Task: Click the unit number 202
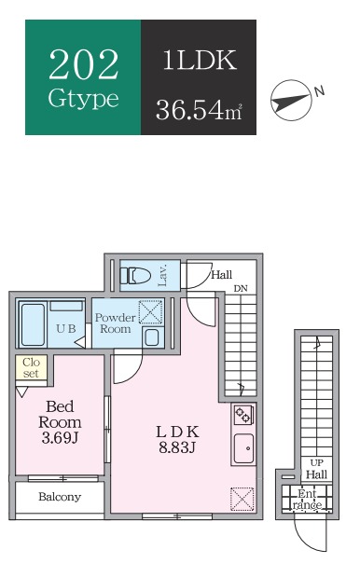83,64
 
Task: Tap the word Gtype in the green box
83,99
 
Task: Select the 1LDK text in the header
200,60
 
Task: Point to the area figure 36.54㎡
199,109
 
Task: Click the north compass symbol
291,100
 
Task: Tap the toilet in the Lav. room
135,276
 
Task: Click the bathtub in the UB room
33,324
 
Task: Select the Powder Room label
115,323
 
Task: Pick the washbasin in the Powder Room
152,337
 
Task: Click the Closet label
31,367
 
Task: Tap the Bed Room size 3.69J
60,438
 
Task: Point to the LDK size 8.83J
177,447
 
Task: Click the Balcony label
60,497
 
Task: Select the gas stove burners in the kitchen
242,414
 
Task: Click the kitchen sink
244,448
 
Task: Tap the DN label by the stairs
241,289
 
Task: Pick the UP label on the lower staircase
316,463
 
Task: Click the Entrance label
308,500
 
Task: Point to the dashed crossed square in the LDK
242,499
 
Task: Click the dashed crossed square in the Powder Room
150,311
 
